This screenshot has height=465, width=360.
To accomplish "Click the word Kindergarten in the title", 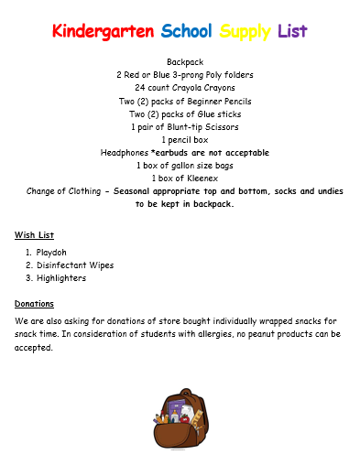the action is [103, 33].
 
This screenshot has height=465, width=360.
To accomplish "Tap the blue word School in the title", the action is [186, 33].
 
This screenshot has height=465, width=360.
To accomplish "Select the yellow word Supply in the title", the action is [245, 33].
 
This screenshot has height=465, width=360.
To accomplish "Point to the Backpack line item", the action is [185, 61].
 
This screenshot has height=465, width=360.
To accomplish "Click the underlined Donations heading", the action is [34, 303].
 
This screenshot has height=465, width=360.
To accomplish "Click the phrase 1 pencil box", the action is [185, 139].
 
